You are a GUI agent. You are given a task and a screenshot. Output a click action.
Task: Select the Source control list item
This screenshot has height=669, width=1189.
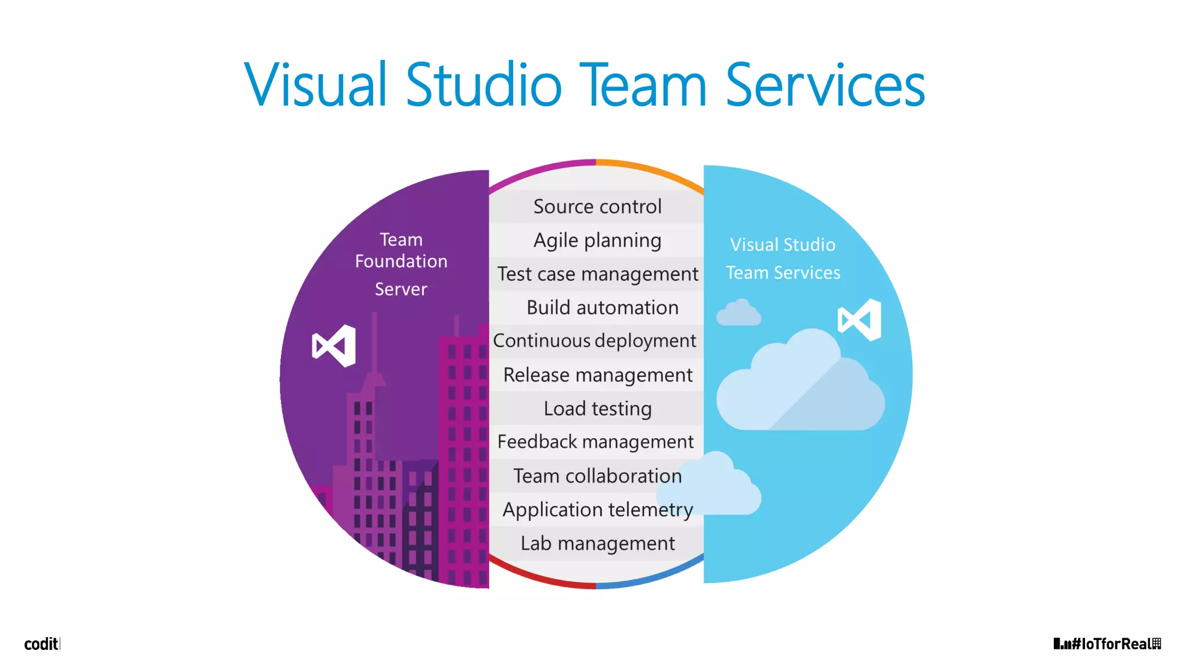597,207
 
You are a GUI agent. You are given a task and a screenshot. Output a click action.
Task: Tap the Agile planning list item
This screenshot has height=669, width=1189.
597,240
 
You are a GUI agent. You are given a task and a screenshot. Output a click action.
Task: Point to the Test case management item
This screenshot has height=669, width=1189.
597,274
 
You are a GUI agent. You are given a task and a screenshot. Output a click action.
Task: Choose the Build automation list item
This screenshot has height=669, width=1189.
602,308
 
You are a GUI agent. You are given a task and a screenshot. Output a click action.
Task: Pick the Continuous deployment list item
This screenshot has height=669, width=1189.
594,341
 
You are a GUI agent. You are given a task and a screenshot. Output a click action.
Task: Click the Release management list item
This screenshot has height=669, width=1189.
597,375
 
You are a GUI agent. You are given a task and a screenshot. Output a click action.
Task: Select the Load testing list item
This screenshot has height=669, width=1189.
597,409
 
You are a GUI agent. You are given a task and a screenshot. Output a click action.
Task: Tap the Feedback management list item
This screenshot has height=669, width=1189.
595,442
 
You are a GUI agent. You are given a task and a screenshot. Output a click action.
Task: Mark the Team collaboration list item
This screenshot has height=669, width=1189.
597,476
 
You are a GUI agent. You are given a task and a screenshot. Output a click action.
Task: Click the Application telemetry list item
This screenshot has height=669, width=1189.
597,510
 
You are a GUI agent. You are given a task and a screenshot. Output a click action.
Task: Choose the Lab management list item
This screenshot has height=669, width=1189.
597,544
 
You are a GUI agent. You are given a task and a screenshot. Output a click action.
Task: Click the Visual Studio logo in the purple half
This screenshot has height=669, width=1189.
334,346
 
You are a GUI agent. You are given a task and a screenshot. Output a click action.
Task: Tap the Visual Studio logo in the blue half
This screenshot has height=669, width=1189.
859,319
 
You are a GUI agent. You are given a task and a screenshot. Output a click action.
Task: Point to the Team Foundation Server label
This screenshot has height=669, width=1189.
401,264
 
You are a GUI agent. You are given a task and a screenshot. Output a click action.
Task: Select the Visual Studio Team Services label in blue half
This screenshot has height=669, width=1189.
783,258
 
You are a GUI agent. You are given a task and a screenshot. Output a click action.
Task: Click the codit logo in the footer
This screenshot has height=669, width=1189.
42,643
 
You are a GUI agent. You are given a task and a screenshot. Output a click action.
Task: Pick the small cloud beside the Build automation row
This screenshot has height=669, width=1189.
738,313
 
